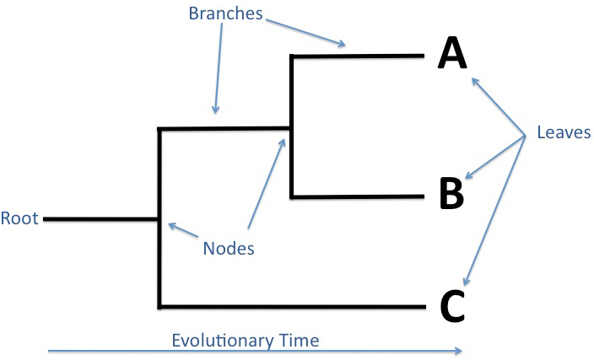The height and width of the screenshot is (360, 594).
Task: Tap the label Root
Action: (x=19, y=218)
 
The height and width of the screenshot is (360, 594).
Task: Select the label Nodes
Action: (x=228, y=248)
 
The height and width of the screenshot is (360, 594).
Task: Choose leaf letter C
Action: (x=452, y=306)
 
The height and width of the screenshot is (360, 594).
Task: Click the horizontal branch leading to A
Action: (x=359, y=56)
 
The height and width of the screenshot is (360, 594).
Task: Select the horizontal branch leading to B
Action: (x=359, y=196)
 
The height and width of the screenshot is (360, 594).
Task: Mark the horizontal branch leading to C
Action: (x=291, y=306)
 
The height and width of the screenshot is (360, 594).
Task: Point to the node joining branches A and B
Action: (x=291, y=129)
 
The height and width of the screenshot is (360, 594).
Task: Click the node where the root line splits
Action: (x=159, y=218)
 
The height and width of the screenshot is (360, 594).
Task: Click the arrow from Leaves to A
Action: (x=498, y=106)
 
